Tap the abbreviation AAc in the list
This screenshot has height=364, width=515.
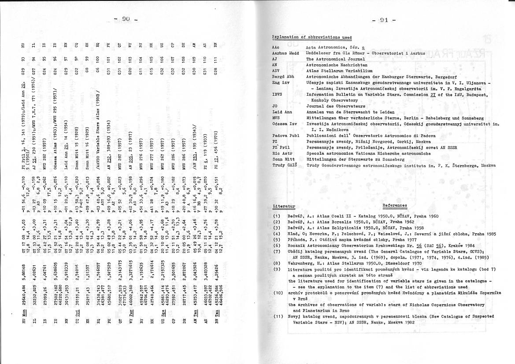click(276, 47)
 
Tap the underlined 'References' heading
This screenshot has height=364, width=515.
click(395, 205)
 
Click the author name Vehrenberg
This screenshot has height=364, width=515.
click(300, 263)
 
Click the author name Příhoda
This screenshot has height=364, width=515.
click(296, 239)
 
